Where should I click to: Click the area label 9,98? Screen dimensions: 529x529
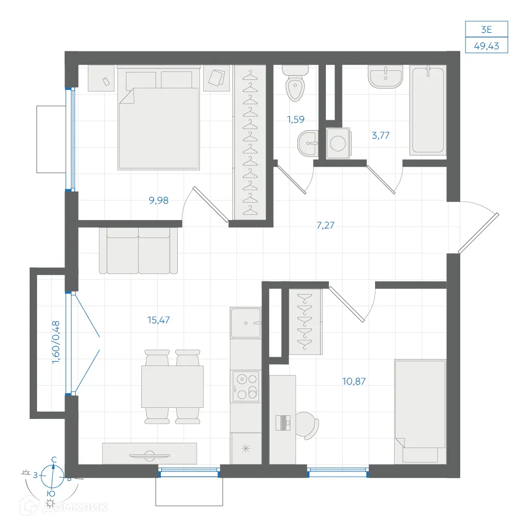point(159,200)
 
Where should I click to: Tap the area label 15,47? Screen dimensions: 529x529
point(159,320)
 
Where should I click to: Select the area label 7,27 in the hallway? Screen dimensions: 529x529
point(325,225)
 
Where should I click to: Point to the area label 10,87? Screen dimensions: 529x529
point(354,381)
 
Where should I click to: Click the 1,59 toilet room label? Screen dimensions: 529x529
point(296,120)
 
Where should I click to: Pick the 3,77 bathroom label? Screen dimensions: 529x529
point(380,135)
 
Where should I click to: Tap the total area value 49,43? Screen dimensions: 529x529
point(487,46)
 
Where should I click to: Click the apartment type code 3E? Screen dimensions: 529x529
point(487,30)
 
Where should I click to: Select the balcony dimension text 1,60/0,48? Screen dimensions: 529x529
point(56,342)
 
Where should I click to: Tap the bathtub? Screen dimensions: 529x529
point(428,110)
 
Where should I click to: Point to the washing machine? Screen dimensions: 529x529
point(339,143)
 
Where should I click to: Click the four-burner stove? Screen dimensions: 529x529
point(245,386)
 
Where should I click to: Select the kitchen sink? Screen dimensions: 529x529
point(245,323)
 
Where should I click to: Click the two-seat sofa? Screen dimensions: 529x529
point(138,251)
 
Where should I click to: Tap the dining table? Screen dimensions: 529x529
point(172,387)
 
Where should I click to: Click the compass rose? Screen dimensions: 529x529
point(52,476)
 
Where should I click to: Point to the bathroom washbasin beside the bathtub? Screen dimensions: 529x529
point(385,77)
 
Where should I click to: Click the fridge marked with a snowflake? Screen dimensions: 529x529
point(246,449)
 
